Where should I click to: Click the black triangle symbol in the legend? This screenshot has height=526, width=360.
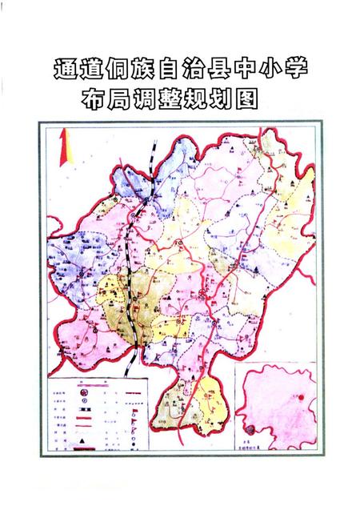pyautogui.click(x=82, y=440)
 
